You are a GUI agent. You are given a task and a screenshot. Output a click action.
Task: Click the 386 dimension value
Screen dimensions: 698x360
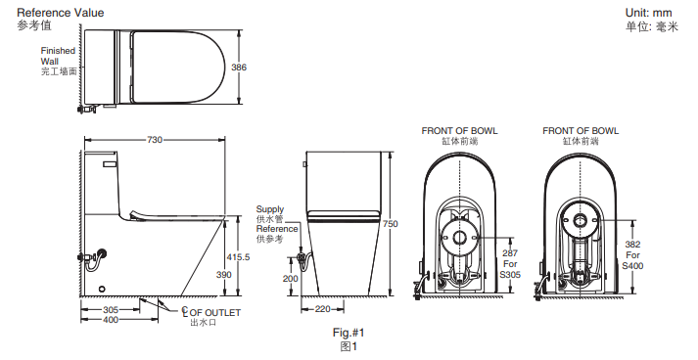(239, 67)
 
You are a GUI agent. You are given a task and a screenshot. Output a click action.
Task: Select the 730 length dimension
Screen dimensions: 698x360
(155, 140)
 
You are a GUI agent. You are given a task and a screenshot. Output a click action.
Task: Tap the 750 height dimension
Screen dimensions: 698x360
(391, 224)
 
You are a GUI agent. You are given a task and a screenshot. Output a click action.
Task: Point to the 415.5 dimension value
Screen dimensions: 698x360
(238, 257)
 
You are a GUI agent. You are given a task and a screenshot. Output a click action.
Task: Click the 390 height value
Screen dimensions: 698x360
(224, 275)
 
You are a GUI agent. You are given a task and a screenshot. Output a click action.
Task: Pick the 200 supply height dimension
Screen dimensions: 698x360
(291, 279)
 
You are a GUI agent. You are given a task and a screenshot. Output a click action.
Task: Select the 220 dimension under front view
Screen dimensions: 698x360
(323, 309)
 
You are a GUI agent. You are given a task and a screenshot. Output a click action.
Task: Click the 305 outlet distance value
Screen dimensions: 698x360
(111, 310)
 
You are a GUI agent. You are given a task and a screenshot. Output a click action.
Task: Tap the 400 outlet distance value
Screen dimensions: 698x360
(111, 320)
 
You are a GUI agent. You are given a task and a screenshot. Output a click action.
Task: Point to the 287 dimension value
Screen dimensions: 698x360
(510, 253)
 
